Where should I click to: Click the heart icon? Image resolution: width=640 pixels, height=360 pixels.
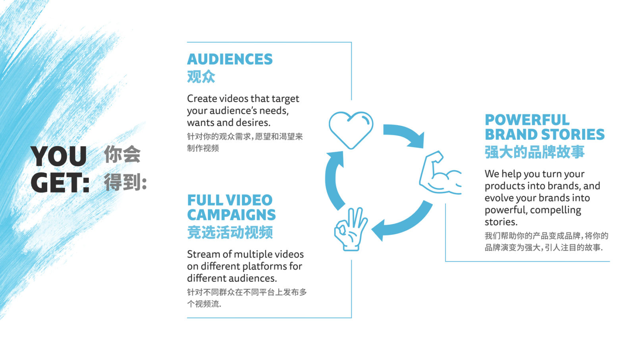coord(351,129)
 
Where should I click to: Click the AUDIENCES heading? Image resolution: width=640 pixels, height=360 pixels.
coord(230,60)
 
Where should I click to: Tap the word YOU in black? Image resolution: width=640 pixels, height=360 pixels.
coord(59,156)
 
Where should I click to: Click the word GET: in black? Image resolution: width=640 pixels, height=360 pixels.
coord(60,183)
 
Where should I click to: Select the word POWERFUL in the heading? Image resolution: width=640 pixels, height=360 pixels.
coord(527,120)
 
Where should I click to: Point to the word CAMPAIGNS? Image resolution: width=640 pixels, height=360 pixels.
coord(231,215)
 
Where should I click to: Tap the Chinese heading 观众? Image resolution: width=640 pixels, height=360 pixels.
coord(201,77)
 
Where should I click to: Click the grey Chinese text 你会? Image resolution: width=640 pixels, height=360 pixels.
coord(122,154)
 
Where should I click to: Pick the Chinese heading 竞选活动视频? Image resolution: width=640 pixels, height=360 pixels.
coord(230,233)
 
